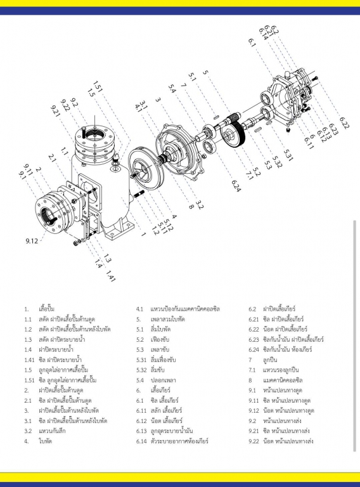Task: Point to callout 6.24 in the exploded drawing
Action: (x=236, y=186)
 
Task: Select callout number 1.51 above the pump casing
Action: (x=97, y=86)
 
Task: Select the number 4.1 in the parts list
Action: (x=140, y=309)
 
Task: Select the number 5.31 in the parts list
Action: (x=142, y=360)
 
